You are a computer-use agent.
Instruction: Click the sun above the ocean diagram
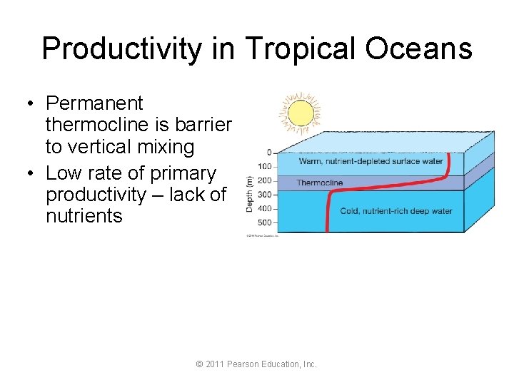pyautogui.click(x=300, y=113)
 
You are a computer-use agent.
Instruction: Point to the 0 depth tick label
pyautogui.click(x=269, y=152)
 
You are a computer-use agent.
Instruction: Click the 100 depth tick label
pyautogui.click(x=265, y=166)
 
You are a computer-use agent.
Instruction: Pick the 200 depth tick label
pyautogui.click(x=265, y=180)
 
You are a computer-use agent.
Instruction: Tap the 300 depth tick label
pyautogui.click(x=265, y=195)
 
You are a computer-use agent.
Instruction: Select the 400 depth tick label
pyautogui.click(x=265, y=209)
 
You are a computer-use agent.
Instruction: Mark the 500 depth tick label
pyautogui.click(x=265, y=223)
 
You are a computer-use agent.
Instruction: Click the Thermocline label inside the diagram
pyautogui.click(x=320, y=183)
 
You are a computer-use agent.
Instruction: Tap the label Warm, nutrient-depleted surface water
pyautogui.click(x=371, y=161)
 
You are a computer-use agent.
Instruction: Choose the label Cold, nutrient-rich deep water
pyautogui.click(x=396, y=211)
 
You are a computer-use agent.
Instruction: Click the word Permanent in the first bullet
pyautogui.click(x=94, y=104)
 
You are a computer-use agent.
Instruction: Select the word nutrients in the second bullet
pyautogui.click(x=84, y=215)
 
